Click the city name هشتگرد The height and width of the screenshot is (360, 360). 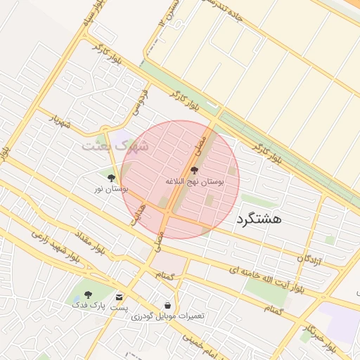click(x=259, y=219)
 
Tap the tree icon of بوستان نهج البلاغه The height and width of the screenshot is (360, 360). click(x=195, y=170)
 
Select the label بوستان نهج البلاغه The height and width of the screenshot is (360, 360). click(x=195, y=181)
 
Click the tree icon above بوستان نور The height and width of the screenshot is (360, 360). click(x=111, y=179)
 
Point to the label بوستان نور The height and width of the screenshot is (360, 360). click(x=111, y=189)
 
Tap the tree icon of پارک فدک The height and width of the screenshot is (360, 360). click(x=87, y=295)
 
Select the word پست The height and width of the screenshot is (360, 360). click(x=120, y=307)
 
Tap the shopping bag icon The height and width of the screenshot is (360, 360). click(x=167, y=305)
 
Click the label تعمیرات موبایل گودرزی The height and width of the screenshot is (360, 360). click(x=167, y=316)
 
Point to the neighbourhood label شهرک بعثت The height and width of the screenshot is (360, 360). click(x=116, y=146)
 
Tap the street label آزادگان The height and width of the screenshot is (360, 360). click(x=309, y=259)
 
